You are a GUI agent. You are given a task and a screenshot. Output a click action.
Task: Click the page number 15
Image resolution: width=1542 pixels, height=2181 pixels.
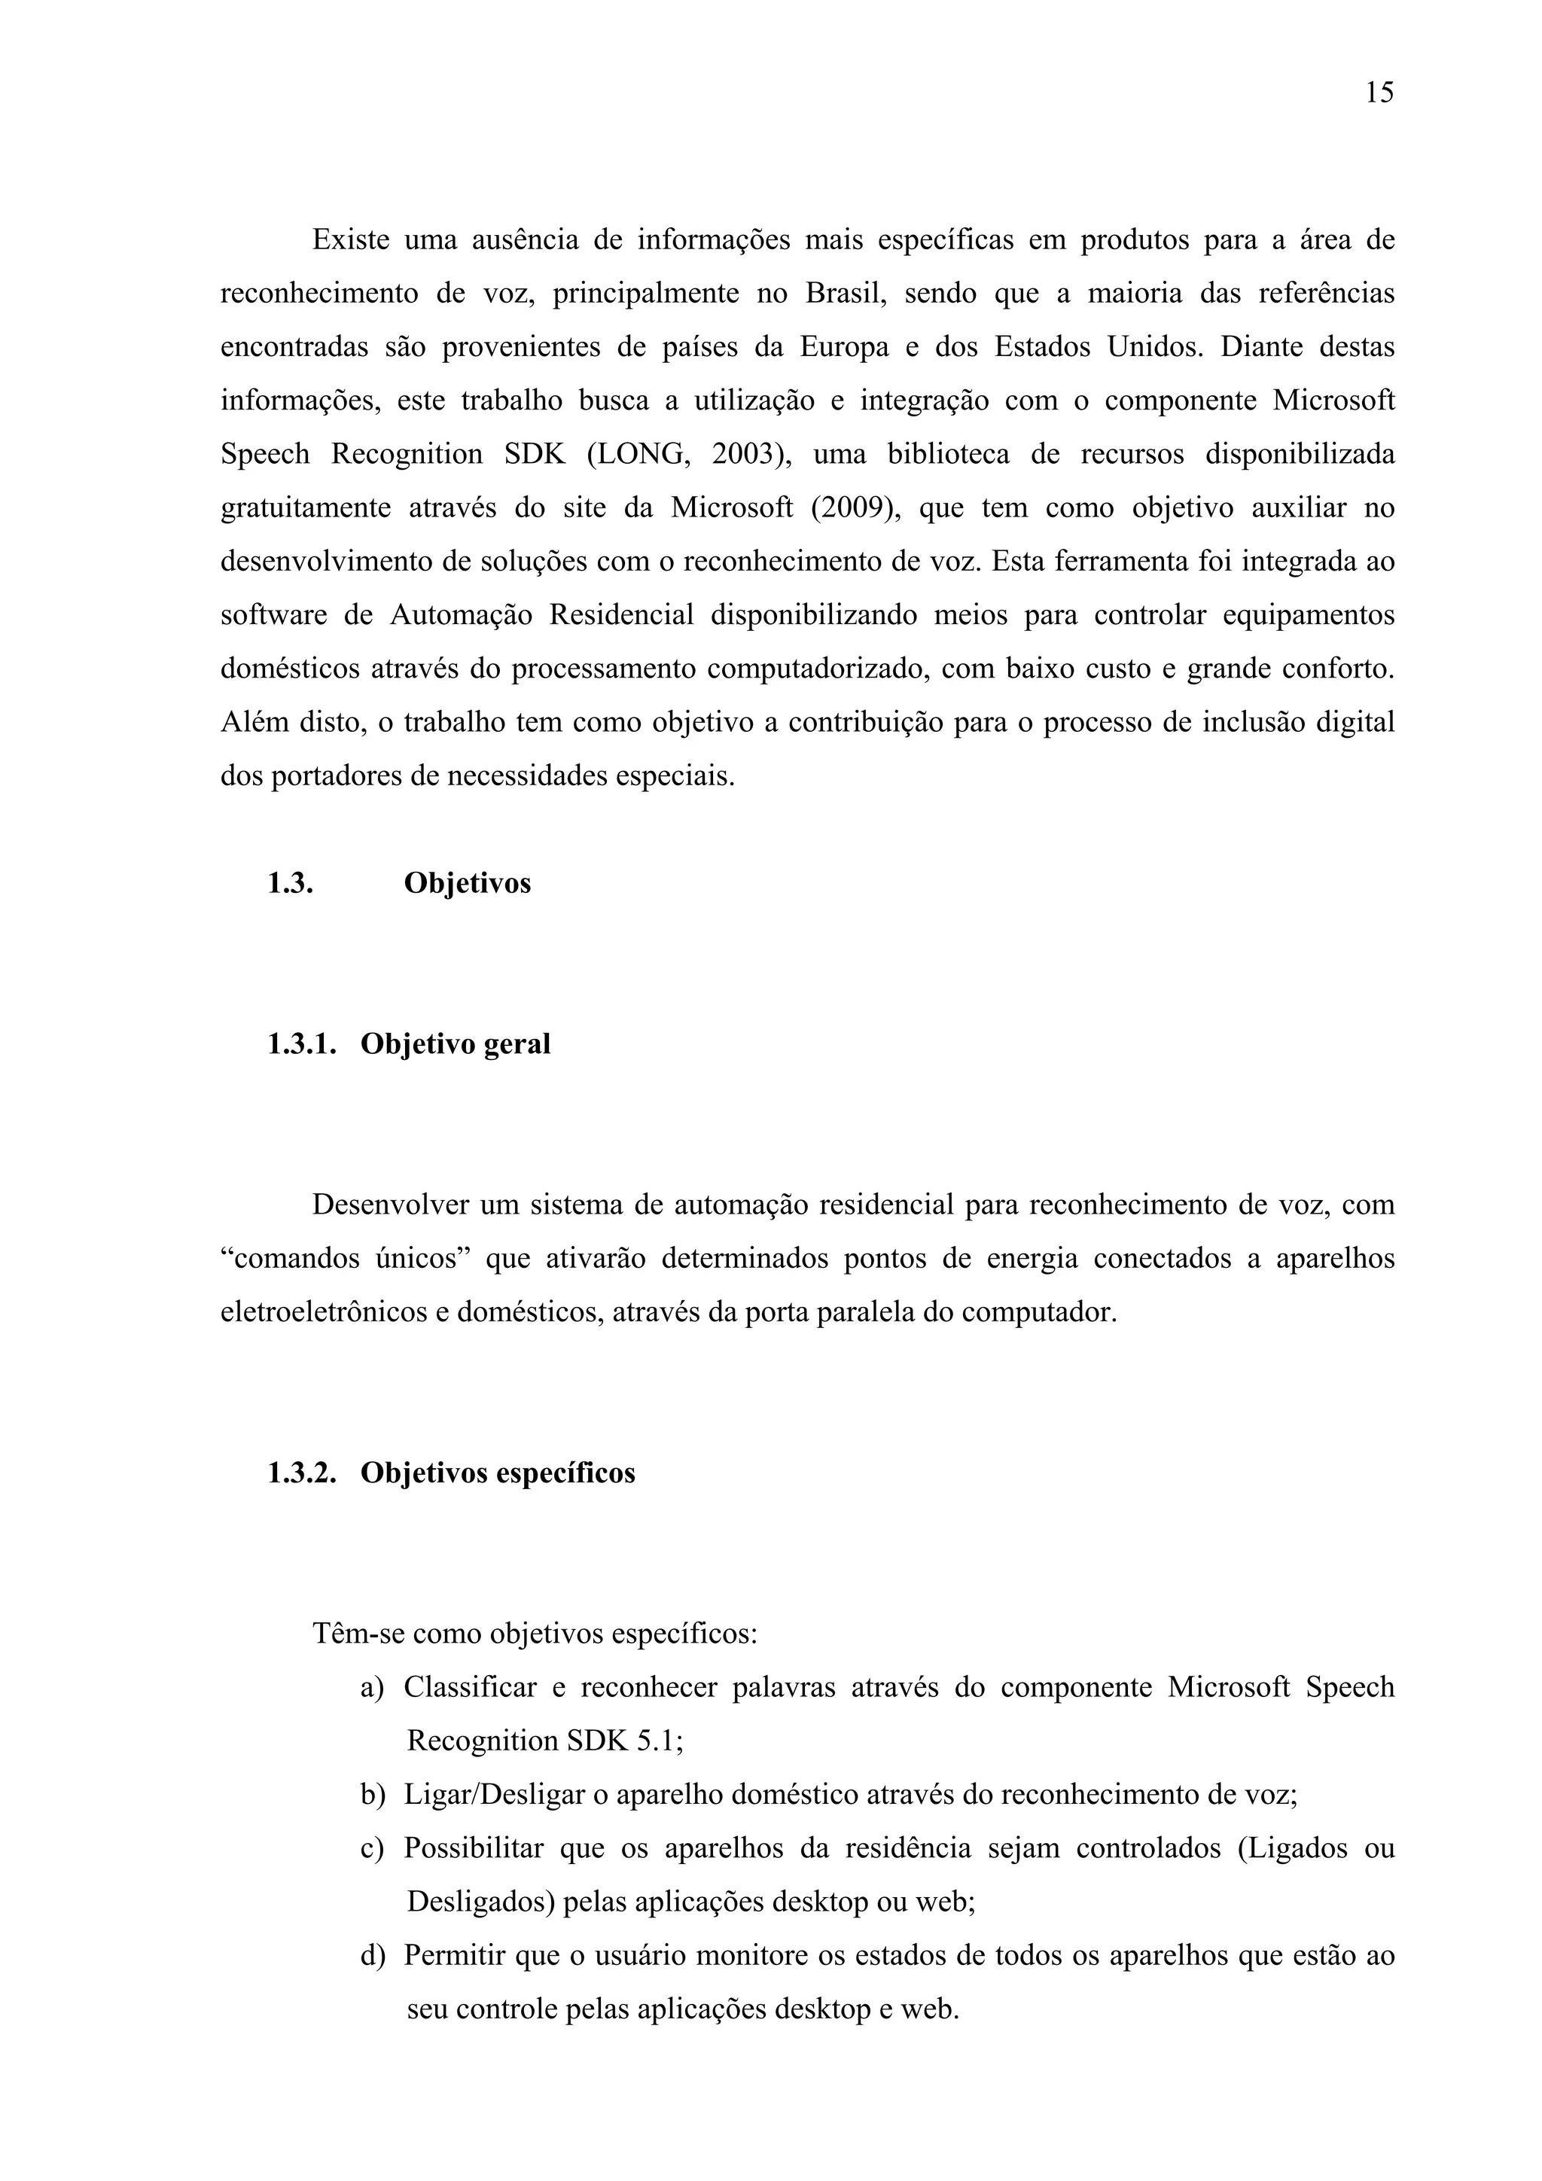(1379, 93)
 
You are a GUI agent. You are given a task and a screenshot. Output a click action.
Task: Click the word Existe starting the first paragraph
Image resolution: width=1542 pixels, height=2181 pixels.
(351, 240)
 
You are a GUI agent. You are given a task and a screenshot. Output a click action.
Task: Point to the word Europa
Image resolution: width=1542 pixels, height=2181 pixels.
(845, 348)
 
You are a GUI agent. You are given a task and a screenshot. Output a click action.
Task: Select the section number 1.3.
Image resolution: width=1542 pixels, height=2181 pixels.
(291, 883)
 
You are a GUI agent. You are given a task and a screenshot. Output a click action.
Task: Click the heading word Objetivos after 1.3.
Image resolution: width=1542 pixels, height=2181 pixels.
(468, 883)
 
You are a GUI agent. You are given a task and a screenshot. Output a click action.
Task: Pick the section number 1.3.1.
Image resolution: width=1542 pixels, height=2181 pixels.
(302, 1044)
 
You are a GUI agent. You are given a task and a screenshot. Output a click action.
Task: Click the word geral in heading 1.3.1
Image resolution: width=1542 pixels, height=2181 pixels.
(517, 1044)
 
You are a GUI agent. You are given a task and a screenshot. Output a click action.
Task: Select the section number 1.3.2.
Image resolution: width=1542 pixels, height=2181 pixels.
(302, 1473)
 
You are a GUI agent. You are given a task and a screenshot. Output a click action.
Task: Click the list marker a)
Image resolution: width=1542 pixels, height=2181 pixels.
(371, 1688)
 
